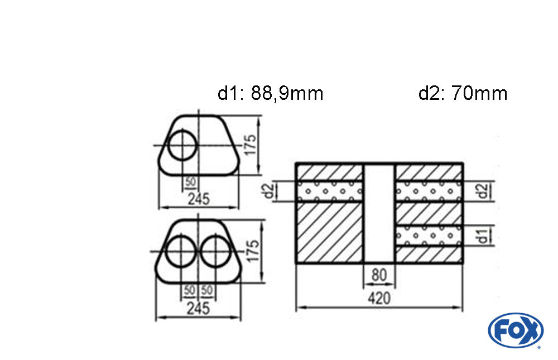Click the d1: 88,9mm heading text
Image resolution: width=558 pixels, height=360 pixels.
[271, 94]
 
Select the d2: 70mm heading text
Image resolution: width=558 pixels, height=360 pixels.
[463, 94]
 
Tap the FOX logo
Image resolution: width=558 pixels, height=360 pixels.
[516, 330]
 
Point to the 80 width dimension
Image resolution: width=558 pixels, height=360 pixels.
[379, 275]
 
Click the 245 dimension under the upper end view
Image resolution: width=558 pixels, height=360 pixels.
[199, 199]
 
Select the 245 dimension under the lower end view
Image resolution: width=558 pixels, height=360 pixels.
[198, 309]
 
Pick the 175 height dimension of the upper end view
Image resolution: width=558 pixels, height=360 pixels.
[250, 145]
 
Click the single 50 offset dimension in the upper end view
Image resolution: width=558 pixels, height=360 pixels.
[191, 182]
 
